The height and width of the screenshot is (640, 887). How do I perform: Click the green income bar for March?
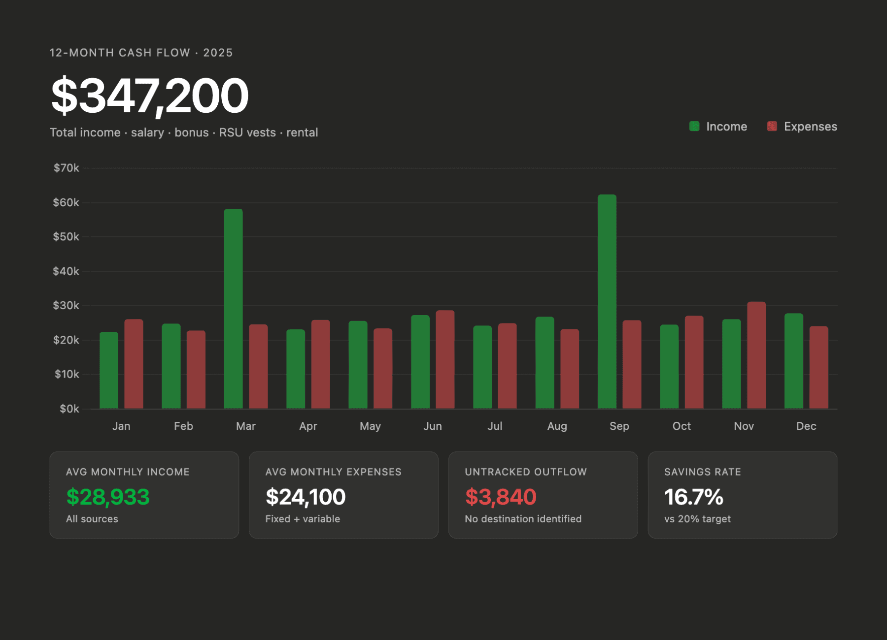tap(233, 309)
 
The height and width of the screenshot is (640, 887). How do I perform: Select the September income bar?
tap(607, 301)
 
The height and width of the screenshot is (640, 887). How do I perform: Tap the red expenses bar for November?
tap(756, 355)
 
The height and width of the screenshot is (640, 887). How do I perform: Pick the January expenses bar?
tap(134, 364)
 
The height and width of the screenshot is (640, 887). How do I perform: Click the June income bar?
tap(420, 362)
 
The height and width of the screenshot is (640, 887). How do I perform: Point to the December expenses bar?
tap(819, 367)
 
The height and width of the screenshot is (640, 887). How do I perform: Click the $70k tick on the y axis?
tap(67, 168)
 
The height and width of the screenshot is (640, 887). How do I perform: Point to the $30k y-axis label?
tap(67, 306)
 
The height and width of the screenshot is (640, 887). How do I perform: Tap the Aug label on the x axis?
tap(557, 426)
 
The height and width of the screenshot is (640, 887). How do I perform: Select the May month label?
tap(370, 426)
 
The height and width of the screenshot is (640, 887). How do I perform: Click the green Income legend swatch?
tap(694, 127)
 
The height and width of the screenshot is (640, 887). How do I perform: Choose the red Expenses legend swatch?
tap(772, 127)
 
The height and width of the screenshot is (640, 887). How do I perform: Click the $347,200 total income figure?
tap(150, 96)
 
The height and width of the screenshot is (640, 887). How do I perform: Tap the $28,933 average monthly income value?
tap(108, 497)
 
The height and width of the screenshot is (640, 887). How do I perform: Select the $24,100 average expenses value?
tap(306, 497)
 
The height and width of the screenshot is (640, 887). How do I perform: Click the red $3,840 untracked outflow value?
tap(501, 497)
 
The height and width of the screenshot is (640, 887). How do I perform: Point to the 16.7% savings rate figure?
tap(693, 497)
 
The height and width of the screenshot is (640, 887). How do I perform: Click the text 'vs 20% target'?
tap(697, 519)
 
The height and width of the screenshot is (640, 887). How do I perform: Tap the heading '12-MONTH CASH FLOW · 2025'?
tap(141, 53)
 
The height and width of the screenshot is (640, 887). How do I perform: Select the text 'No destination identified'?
tap(523, 519)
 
